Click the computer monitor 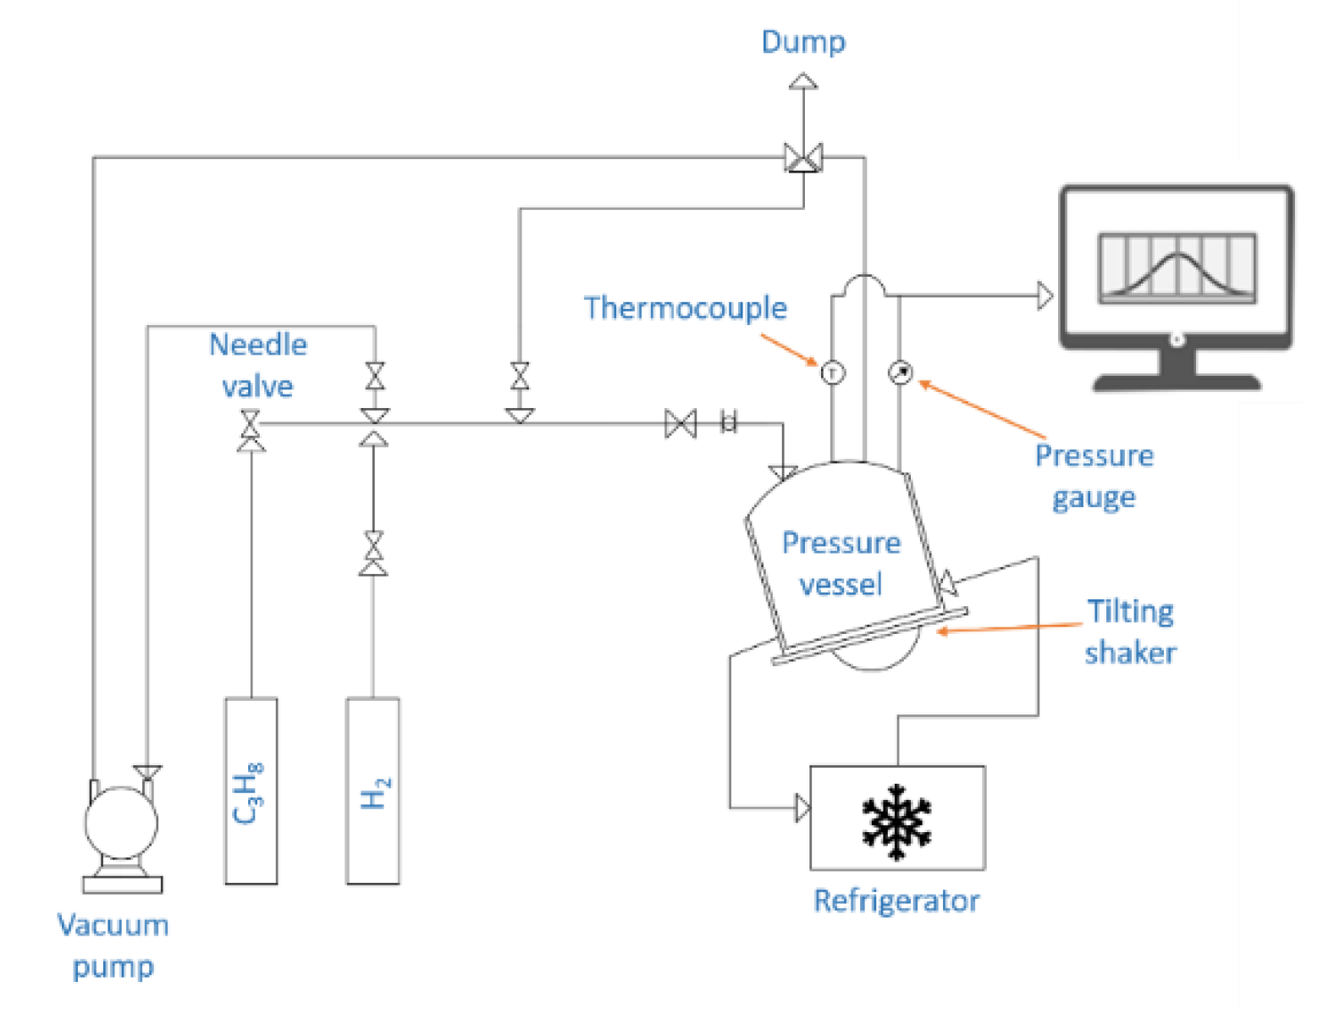tap(1177, 279)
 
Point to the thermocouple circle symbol tap(833, 372)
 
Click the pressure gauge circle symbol tap(901, 372)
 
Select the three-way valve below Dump tap(802, 158)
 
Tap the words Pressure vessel tap(841, 563)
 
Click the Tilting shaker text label tap(1130, 631)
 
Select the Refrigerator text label tap(896, 901)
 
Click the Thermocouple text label tap(685, 308)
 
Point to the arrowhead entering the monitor tap(1045, 295)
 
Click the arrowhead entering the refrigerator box tap(802, 808)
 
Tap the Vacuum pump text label tap(113, 945)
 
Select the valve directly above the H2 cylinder tap(373, 554)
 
